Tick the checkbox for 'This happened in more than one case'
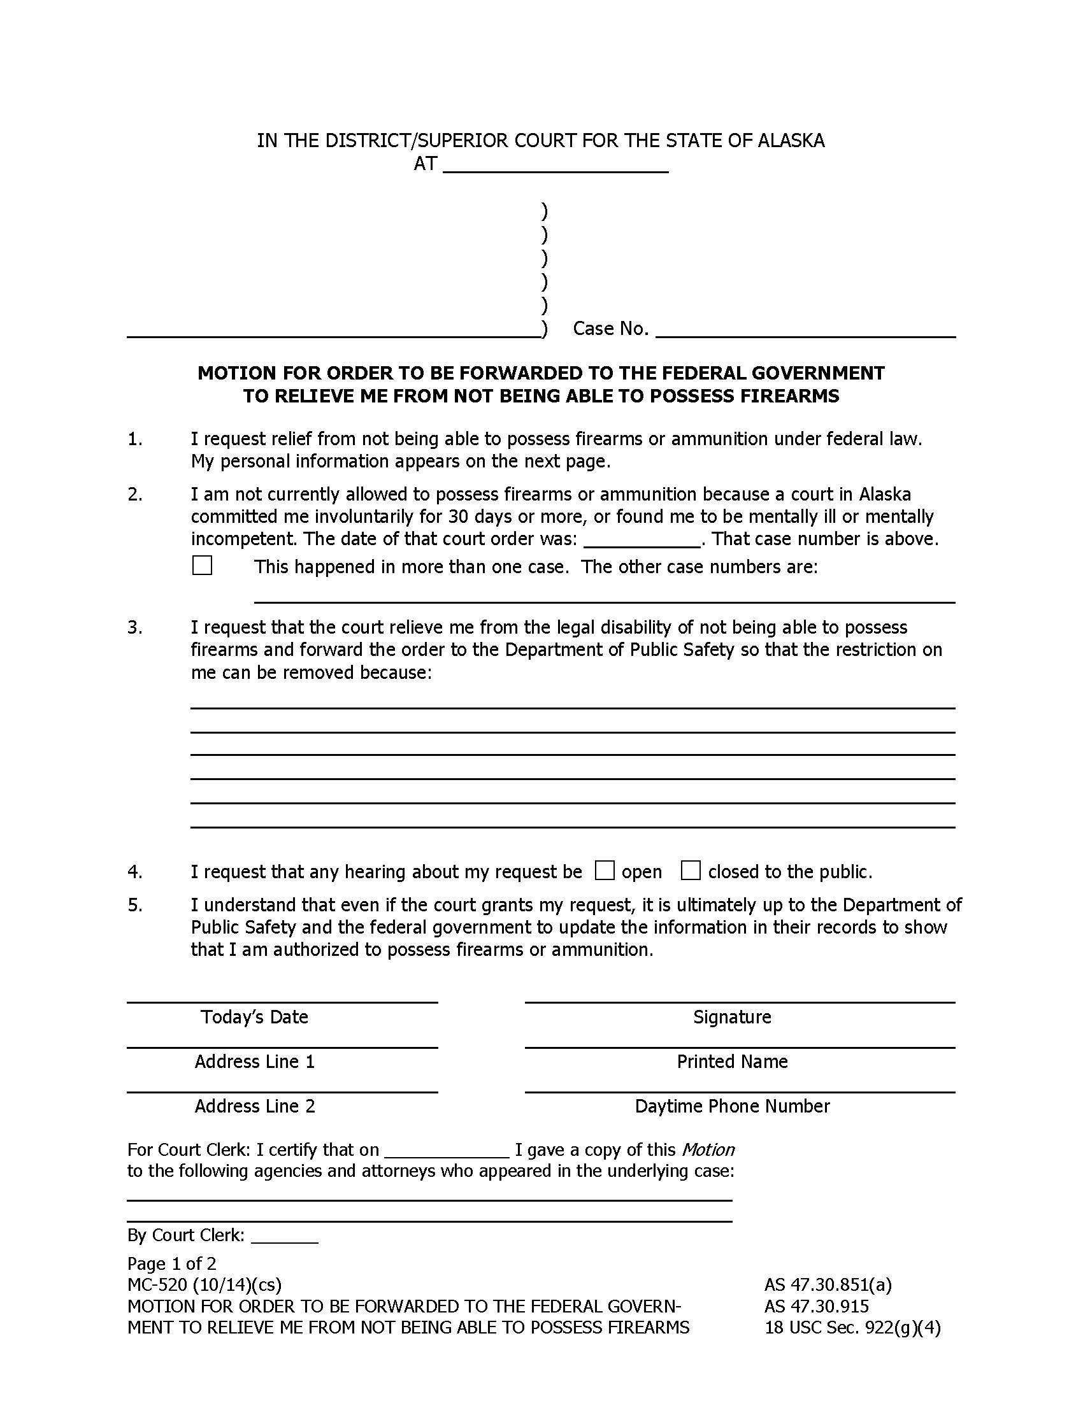coord(202,565)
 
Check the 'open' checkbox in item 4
coord(605,871)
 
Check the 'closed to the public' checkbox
coord(691,871)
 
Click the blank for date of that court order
coord(642,539)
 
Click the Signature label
coord(732,1018)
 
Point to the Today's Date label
coord(255,1018)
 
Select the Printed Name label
coord(732,1062)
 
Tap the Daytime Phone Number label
coord(732,1107)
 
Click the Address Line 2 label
coord(255,1107)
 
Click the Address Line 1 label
coord(255,1062)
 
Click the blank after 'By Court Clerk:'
coord(284,1235)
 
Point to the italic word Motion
coord(708,1150)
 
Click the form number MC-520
coord(157,1285)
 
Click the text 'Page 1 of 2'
coord(172,1263)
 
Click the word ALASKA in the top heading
coord(791,141)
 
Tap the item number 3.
coord(134,627)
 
